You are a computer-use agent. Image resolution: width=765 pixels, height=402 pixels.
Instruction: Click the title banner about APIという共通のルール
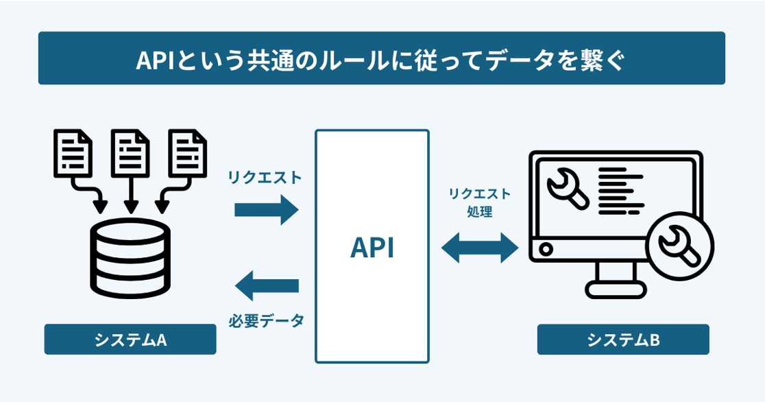click(x=381, y=58)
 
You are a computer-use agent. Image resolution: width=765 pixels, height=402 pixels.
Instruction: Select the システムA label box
click(x=130, y=340)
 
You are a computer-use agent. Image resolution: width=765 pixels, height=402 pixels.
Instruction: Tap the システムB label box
click(x=622, y=340)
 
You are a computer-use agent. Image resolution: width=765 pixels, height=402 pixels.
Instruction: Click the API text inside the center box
click(x=372, y=248)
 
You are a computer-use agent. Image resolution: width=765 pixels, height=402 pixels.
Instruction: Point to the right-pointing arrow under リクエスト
click(x=267, y=210)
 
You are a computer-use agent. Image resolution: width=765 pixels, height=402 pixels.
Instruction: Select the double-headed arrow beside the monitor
click(x=480, y=248)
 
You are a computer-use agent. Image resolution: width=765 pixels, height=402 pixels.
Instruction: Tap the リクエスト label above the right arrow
click(x=265, y=178)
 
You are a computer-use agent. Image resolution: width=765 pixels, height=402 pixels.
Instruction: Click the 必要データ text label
click(x=266, y=320)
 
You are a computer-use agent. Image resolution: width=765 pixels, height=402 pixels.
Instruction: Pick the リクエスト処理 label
click(x=480, y=203)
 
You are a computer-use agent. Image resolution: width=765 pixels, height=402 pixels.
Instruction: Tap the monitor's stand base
click(x=616, y=291)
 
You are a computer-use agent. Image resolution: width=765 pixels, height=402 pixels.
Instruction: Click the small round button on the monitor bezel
click(x=546, y=248)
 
